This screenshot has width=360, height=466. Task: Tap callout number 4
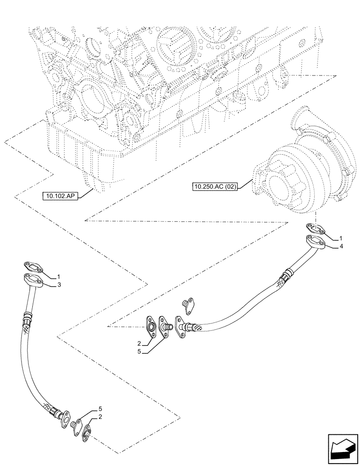click(341, 246)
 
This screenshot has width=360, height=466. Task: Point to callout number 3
click(59, 284)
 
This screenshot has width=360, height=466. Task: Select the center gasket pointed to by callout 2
click(151, 325)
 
